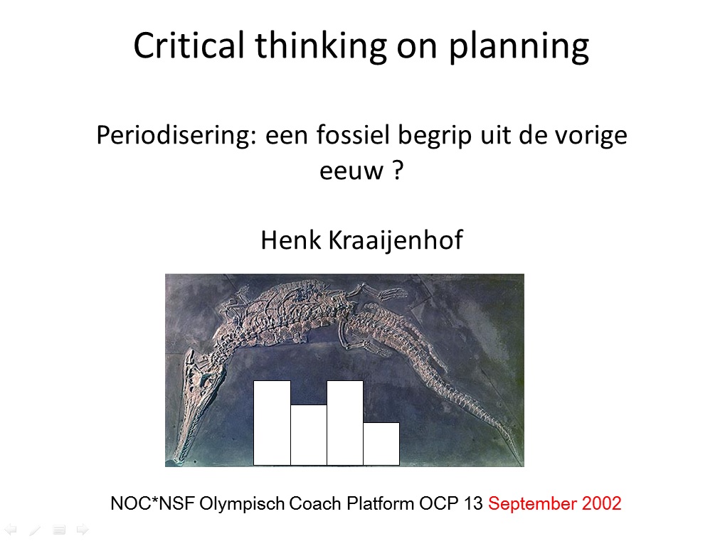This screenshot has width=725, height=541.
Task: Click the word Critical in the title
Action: point(189,45)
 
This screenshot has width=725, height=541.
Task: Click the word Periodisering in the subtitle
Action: point(176,136)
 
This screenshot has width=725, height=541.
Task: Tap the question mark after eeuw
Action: point(398,170)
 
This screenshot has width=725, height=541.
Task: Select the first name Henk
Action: point(291,240)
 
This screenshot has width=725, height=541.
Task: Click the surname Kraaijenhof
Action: point(396,241)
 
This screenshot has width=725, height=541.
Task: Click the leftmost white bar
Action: point(272,423)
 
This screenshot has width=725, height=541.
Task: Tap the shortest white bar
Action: point(381,444)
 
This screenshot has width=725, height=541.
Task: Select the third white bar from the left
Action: point(345,423)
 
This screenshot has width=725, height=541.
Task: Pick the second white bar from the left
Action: point(309,435)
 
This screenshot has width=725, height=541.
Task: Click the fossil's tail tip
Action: point(517,451)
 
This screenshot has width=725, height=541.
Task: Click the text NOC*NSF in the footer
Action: point(152,503)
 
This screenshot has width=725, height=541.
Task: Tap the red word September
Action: point(533,504)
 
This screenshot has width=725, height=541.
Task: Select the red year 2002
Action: point(601,503)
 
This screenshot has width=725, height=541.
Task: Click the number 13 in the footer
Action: point(473,503)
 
